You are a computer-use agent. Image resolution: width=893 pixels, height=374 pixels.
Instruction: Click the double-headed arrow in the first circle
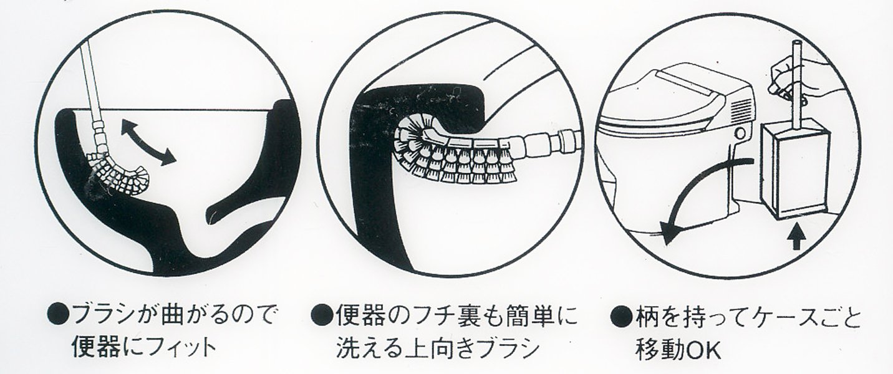coord(148,143)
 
